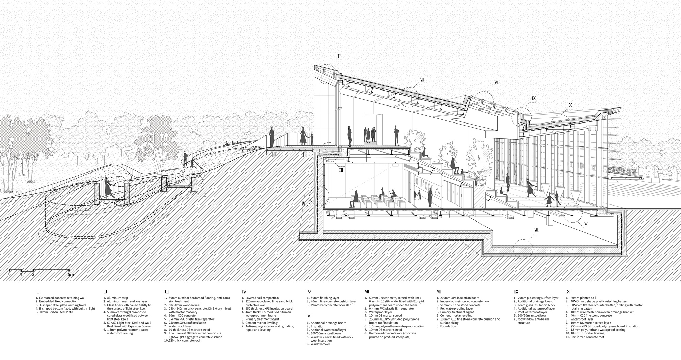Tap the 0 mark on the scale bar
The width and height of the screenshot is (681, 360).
pos(9,274)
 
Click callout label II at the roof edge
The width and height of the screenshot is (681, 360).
pos(339,56)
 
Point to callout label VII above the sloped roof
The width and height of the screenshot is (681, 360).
pos(422,80)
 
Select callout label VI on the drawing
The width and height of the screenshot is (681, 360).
pos(496,83)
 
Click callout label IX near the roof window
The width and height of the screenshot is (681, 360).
pos(534,98)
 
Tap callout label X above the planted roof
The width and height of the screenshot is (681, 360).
pos(570,105)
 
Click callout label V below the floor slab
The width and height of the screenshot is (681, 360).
pos(586,224)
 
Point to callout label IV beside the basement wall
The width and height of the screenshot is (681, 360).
pos(304,204)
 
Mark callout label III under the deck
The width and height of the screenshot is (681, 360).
pos(341,170)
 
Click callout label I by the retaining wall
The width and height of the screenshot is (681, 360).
pos(205,195)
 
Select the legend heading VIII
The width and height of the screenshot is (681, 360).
pos(439,292)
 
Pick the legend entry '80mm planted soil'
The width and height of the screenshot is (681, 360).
pos(581,298)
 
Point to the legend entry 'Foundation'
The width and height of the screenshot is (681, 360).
pos(446,326)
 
